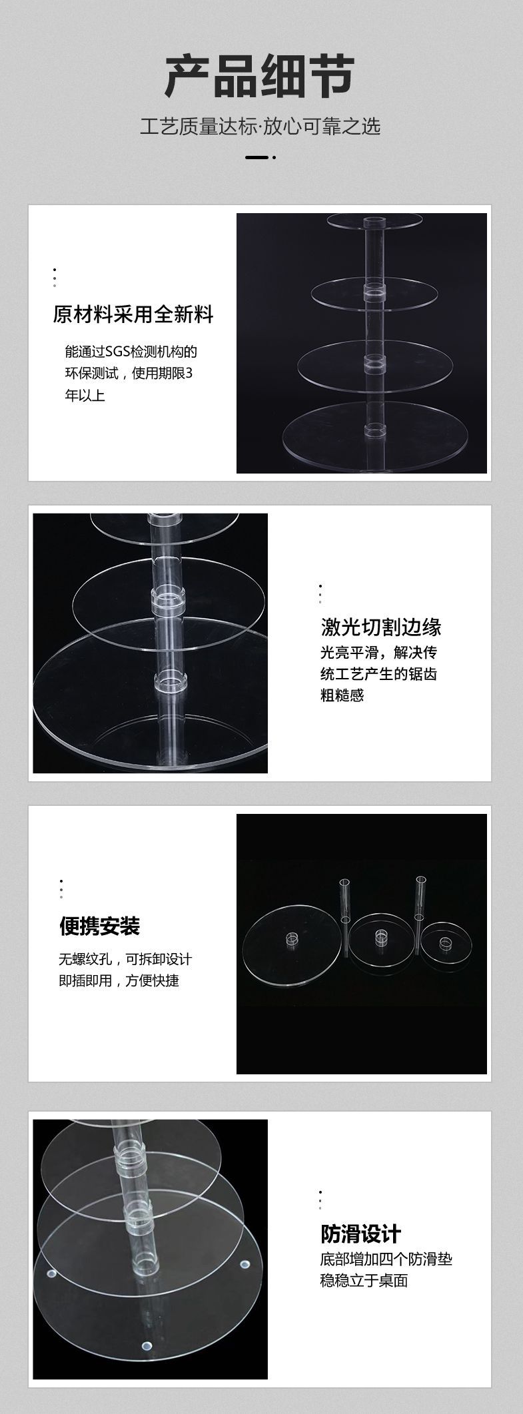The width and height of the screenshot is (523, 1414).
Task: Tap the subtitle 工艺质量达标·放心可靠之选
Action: click(261, 126)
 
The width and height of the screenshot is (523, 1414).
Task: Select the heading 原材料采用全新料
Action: click(133, 314)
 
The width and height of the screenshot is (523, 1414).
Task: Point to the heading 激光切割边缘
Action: click(381, 627)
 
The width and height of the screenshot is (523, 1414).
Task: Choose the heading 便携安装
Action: click(100, 925)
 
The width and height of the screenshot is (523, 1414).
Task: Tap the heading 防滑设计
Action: click(360, 1234)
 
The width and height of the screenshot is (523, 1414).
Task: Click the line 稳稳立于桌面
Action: click(364, 1280)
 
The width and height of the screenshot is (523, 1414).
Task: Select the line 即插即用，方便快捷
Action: click(119, 981)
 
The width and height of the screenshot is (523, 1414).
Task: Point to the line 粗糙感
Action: click(342, 696)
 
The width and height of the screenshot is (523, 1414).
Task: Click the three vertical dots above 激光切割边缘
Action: click(320, 593)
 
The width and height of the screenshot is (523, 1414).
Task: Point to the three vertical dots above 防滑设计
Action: click(320, 1199)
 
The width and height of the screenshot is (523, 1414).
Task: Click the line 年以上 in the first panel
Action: click(85, 396)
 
